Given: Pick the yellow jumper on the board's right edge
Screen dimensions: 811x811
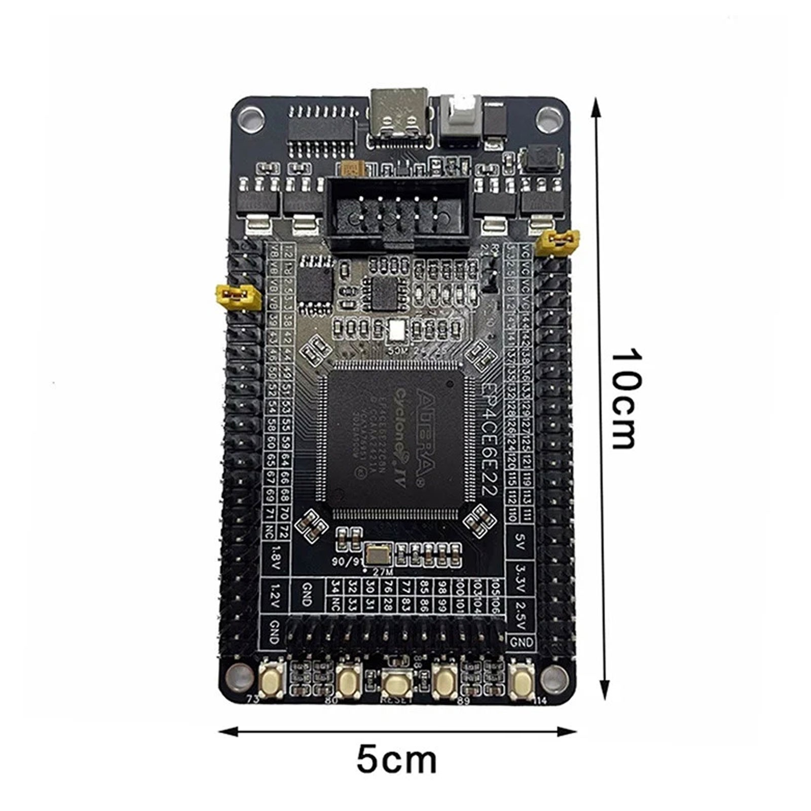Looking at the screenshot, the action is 559,241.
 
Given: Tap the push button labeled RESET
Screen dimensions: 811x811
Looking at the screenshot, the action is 396,684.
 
